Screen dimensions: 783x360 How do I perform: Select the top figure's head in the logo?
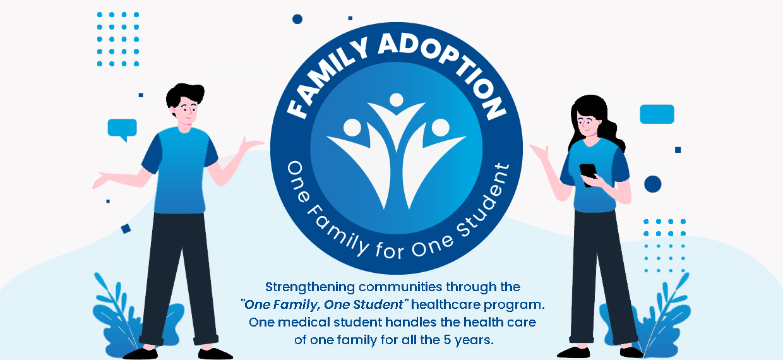(x=396, y=100)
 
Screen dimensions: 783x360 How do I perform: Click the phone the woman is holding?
(x=589, y=175)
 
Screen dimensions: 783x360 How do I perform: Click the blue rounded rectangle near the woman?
(x=657, y=114)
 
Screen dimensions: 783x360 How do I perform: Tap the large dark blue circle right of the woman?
(x=653, y=184)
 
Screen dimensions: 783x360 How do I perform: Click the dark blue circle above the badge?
(x=297, y=19)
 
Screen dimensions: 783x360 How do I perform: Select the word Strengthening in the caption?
(x=310, y=287)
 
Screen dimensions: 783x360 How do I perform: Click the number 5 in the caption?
(x=447, y=340)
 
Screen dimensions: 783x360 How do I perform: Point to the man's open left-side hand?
(x=104, y=179)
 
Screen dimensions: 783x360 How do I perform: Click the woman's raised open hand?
(x=540, y=152)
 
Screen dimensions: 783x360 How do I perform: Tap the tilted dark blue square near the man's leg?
(x=126, y=229)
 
